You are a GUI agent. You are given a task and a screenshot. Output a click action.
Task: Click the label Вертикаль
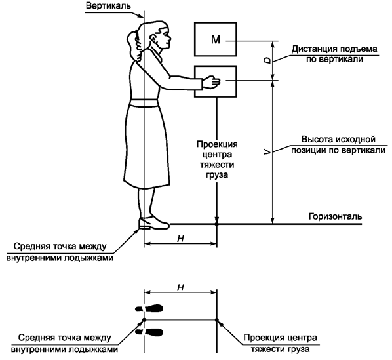(108, 5)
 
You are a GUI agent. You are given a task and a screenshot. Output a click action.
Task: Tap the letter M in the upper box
(216, 39)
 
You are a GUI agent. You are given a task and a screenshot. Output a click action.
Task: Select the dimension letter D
(267, 60)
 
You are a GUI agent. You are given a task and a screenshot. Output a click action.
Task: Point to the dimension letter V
(267, 152)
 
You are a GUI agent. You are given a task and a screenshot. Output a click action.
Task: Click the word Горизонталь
(335, 216)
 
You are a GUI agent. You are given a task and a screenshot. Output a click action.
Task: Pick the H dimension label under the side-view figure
(180, 239)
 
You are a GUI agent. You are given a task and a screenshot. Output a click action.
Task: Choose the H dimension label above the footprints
(180, 287)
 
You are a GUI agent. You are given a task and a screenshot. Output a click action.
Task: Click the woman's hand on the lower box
(211, 82)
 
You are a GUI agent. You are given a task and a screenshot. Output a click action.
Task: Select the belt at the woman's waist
(144, 103)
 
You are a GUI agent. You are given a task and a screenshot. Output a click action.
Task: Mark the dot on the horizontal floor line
(217, 224)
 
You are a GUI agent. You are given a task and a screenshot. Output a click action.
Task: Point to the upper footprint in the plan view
(149, 308)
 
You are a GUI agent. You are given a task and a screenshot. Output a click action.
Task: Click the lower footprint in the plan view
(149, 332)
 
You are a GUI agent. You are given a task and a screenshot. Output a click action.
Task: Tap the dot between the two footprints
(144, 320)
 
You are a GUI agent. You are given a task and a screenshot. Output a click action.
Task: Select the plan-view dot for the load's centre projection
(217, 320)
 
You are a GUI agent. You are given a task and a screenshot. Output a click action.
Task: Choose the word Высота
(317, 139)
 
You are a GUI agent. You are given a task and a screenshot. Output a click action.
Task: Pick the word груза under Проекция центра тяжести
(217, 175)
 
